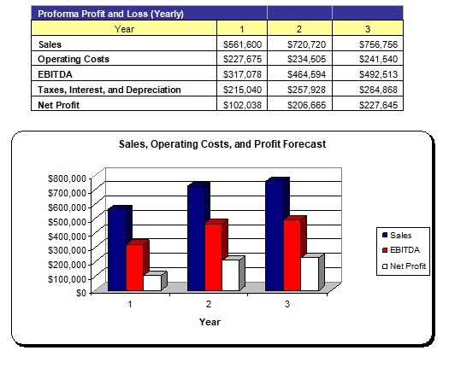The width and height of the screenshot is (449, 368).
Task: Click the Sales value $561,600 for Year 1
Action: click(x=242, y=44)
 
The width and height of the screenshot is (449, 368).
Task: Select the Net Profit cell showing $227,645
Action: click(x=378, y=105)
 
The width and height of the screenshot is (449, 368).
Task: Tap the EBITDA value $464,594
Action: click(x=306, y=74)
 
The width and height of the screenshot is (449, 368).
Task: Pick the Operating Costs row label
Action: click(x=74, y=59)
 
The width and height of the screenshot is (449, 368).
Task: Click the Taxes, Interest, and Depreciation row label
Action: click(x=109, y=90)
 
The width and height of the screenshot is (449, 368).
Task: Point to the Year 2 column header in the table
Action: click(x=299, y=29)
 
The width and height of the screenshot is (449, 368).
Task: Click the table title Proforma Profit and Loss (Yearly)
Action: click(x=111, y=14)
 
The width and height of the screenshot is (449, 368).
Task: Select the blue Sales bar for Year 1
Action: click(x=117, y=250)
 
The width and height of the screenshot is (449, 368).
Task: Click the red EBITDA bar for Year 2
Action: click(x=213, y=257)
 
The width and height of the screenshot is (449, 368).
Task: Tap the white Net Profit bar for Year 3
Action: click(x=310, y=273)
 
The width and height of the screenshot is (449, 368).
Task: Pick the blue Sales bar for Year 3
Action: click(x=275, y=236)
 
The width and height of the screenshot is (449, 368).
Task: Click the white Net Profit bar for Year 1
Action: click(x=152, y=283)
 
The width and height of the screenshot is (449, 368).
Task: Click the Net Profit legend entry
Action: click(x=404, y=266)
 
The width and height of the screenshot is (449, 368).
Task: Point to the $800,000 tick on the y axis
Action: click(x=67, y=178)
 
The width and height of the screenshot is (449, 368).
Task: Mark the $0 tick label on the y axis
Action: click(x=81, y=293)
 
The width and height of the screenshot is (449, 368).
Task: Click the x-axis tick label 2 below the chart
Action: click(x=209, y=304)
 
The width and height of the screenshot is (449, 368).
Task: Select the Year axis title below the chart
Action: click(x=210, y=322)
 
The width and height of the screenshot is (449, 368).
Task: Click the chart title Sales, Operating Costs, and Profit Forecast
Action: click(x=222, y=143)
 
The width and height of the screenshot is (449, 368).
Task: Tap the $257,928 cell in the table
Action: click(x=306, y=90)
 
